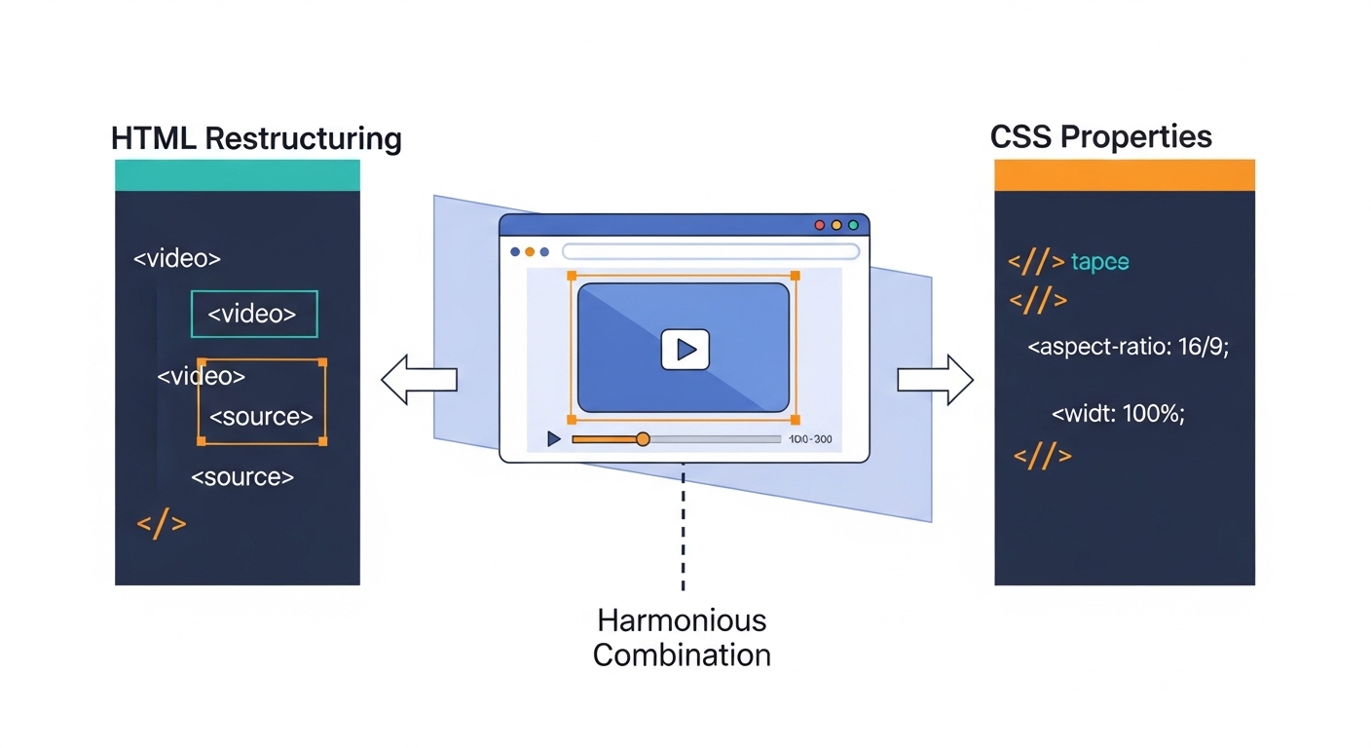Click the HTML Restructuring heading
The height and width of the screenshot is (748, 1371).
tap(256, 137)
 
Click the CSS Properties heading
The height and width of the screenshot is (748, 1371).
tap(1100, 136)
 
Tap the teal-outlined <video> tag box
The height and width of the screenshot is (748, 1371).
tap(254, 314)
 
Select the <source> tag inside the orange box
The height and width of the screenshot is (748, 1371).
tap(261, 417)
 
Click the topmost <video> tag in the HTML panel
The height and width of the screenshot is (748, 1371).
tap(176, 259)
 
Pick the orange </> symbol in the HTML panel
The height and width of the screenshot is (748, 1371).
tap(161, 523)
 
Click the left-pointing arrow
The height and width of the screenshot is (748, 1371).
tap(418, 379)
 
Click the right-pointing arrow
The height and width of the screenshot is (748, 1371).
tap(935, 379)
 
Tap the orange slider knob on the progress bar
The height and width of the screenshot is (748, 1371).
tap(643, 439)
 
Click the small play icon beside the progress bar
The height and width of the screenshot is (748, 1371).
tap(554, 439)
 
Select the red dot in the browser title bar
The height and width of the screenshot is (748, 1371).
tap(819, 225)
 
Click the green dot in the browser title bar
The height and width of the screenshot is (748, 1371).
tap(853, 225)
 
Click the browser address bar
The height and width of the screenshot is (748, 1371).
tap(710, 251)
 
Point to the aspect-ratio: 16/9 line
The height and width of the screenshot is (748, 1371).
tap(1129, 347)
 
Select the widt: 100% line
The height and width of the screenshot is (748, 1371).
tap(1118, 412)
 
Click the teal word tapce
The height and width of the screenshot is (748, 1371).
tap(1099, 262)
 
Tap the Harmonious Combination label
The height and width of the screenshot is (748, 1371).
tap(682, 637)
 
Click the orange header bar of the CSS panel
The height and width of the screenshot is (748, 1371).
tap(1124, 175)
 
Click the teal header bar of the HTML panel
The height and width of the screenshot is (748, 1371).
tap(237, 175)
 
